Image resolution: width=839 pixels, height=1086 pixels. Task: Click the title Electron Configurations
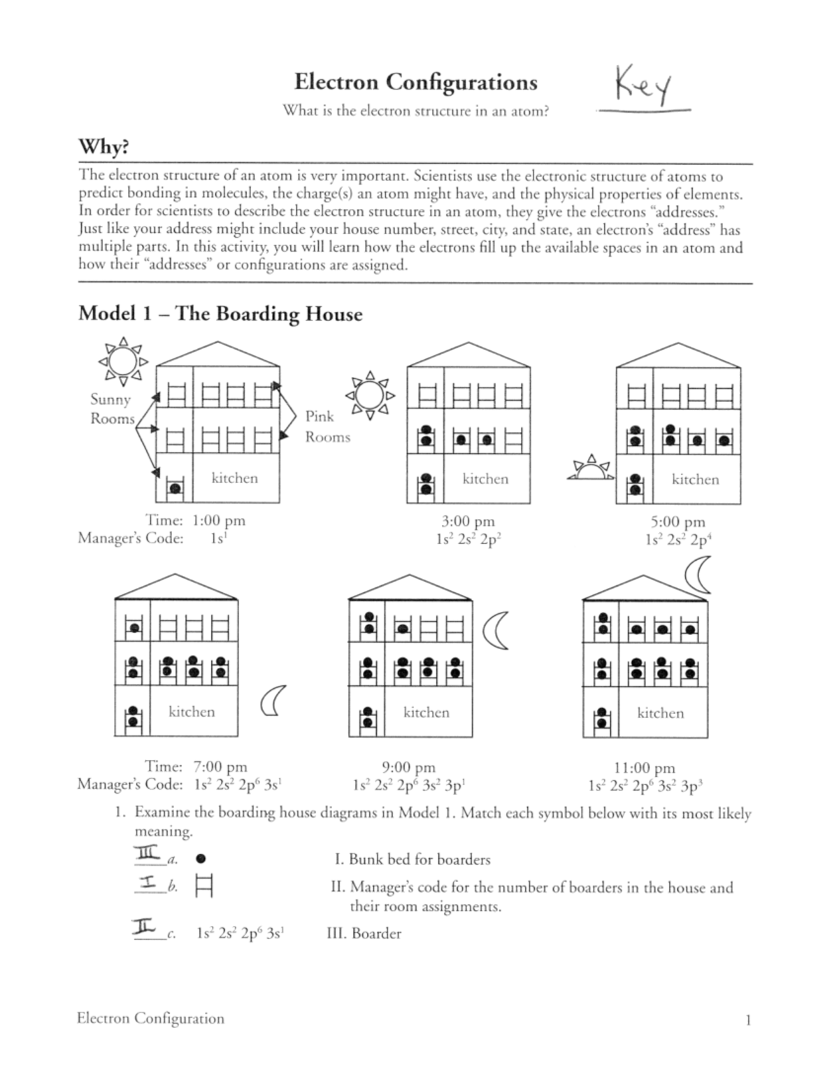415,82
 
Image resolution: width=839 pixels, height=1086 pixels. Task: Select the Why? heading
103,148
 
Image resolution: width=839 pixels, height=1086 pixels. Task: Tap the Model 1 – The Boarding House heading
220,313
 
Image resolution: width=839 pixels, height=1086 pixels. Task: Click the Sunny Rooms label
112,409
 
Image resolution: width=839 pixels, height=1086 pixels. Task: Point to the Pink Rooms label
327,427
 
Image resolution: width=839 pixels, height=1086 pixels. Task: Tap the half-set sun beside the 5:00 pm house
591,470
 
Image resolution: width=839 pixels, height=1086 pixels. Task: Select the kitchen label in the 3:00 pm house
485,479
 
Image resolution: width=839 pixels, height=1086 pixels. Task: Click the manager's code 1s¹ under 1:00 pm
217,538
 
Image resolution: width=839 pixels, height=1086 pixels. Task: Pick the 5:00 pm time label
677,522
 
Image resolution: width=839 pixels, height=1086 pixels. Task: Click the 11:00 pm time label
644,769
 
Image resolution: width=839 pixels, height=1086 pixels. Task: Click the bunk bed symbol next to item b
204,887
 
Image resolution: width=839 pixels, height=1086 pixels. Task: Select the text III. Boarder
364,934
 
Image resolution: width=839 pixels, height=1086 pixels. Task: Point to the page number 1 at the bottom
747,1020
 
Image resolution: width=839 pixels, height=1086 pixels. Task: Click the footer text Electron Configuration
150,1019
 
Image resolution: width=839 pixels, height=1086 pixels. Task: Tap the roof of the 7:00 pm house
176,588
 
